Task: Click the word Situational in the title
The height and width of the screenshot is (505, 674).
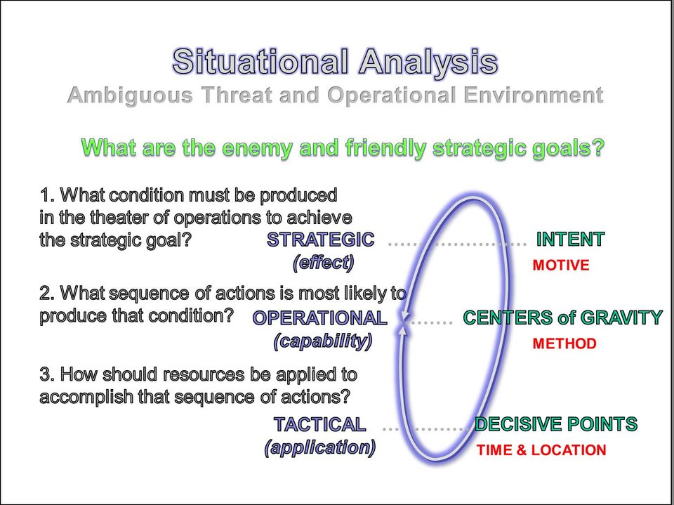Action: tap(260, 61)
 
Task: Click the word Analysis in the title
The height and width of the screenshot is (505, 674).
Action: tap(428, 63)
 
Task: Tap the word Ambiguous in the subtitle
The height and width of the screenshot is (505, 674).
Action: tap(131, 96)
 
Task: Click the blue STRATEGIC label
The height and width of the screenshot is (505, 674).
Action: tap(321, 240)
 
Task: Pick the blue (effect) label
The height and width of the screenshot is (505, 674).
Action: tap(323, 263)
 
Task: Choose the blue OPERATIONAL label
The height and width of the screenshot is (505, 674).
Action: tap(320, 318)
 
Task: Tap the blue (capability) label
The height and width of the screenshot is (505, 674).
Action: tap(323, 341)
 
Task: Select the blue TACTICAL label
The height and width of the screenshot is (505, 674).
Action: tap(320, 424)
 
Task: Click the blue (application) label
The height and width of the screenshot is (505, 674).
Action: tap(320, 448)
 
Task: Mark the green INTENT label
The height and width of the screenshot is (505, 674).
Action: tap(570, 240)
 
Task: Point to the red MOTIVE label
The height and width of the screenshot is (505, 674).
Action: tap(561, 265)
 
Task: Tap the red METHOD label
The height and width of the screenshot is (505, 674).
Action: tap(564, 343)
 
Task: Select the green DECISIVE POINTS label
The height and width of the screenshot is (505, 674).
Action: tap(556, 424)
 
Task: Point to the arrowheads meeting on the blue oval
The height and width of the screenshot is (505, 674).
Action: tap(404, 324)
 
